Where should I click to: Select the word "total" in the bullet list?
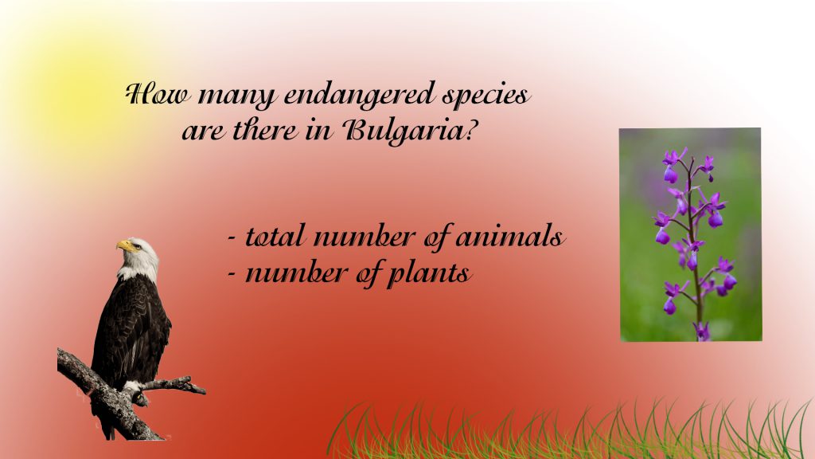pyautogui.click(x=275, y=237)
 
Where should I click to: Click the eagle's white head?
pyautogui.click(x=141, y=257)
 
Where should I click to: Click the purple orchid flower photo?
pyautogui.click(x=690, y=234)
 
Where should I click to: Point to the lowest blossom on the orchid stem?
pyautogui.click(x=701, y=329)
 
